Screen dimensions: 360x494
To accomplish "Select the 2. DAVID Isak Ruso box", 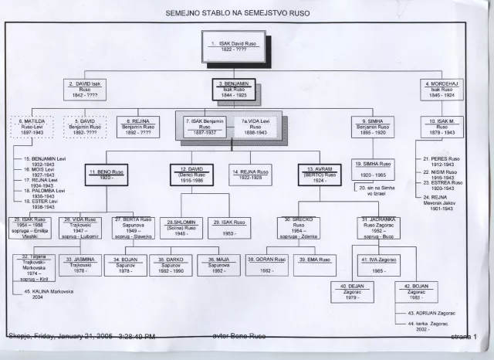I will (85, 90).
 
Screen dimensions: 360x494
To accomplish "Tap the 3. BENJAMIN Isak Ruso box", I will (234, 90).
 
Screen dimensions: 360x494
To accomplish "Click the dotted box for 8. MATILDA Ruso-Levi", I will (32, 127).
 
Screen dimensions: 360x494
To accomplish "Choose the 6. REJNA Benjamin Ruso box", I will (138, 127).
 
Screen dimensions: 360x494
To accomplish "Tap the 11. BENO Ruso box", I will (107, 175).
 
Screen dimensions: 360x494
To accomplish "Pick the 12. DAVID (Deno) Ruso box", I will (191, 175).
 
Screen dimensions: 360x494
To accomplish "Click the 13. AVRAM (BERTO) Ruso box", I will (320, 175).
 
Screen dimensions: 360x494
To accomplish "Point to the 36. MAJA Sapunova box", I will (218, 265).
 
